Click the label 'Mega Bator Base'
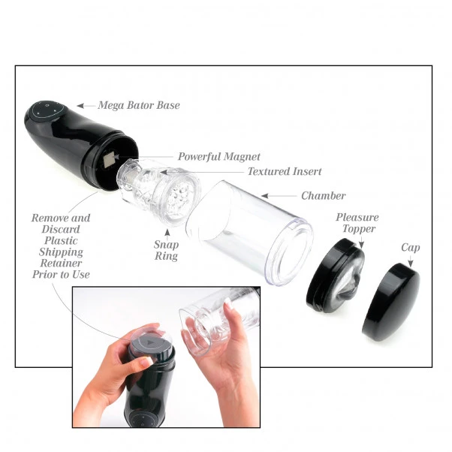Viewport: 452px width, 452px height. (x=138, y=106)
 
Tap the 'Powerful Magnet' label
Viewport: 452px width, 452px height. (x=218, y=157)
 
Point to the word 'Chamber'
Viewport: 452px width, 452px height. (x=323, y=196)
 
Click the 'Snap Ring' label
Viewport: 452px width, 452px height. (x=166, y=250)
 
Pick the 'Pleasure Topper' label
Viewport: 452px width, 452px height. (x=357, y=223)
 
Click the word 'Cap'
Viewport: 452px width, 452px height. (x=411, y=247)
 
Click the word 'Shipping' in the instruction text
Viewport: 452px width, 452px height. (x=61, y=252)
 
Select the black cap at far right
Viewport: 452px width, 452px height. (x=390, y=301)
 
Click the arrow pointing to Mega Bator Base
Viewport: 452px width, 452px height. (x=84, y=106)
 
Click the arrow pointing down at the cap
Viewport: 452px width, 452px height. (x=409, y=262)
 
